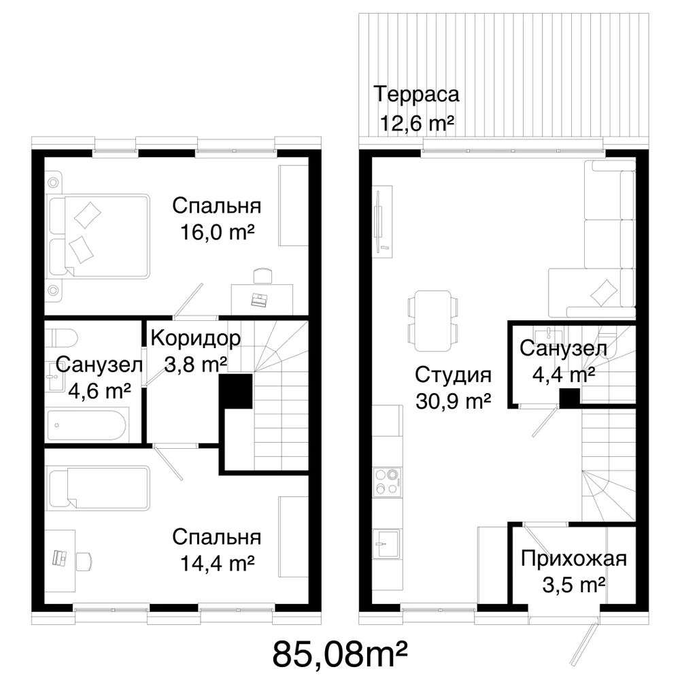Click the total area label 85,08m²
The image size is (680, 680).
click(x=339, y=654)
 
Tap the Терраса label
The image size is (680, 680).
click(x=416, y=94)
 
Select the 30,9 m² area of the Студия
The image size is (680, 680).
click(x=453, y=402)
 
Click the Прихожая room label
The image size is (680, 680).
click(x=574, y=558)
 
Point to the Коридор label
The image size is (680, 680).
click(x=196, y=338)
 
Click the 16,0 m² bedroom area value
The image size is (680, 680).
click(x=217, y=233)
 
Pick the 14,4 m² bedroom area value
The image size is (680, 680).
click(x=217, y=564)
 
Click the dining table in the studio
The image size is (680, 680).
click(x=432, y=321)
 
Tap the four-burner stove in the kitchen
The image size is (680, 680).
click(x=388, y=482)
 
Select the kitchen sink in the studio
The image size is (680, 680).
click(x=388, y=543)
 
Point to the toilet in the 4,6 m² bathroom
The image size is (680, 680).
click(x=62, y=337)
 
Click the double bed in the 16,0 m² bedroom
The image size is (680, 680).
click(x=98, y=237)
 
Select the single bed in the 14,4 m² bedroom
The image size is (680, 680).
click(x=99, y=488)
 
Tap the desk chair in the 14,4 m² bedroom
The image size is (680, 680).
click(x=84, y=561)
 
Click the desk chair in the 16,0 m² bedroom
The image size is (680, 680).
click(x=263, y=276)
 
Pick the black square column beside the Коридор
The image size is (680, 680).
click(x=235, y=391)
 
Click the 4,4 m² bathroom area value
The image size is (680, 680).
click(x=563, y=375)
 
